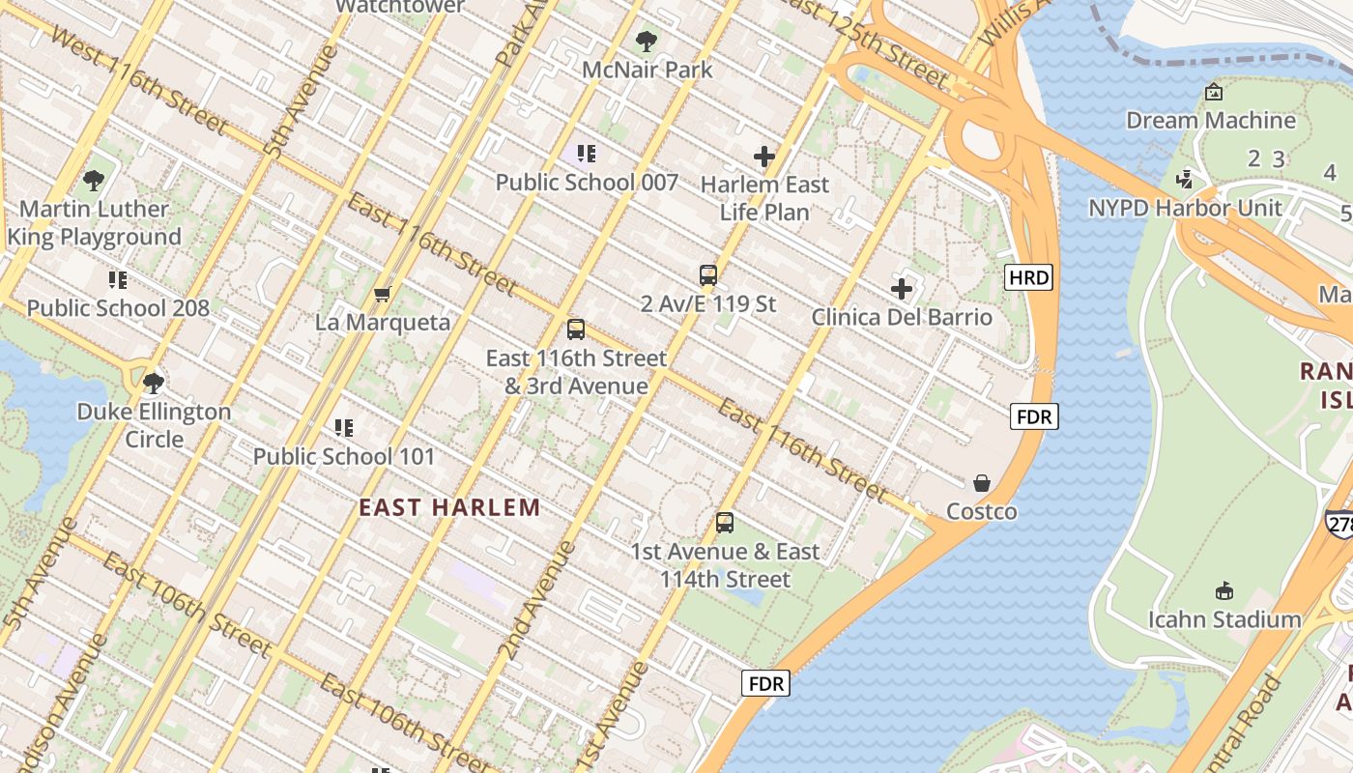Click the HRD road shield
(x=1028, y=278)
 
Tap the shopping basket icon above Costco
(x=982, y=483)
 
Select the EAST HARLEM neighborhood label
(x=449, y=507)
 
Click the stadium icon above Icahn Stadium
(x=1224, y=590)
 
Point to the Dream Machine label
(x=1211, y=121)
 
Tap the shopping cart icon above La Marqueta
(x=383, y=294)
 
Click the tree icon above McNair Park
(x=647, y=42)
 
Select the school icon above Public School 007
(x=587, y=154)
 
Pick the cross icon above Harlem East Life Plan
(x=764, y=157)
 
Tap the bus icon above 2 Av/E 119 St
(x=708, y=275)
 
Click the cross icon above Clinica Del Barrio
(x=902, y=288)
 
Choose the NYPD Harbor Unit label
(x=1186, y=208)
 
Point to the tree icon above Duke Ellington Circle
(x=154, y=384)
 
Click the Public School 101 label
(x=344, y=456)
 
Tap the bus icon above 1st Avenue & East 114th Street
(x=725, y=524)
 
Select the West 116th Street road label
(x=140, y=81)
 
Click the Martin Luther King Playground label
(x=94, y=223)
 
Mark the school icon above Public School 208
(x=118, y=280)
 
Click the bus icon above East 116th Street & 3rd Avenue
(x=576, y=329)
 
